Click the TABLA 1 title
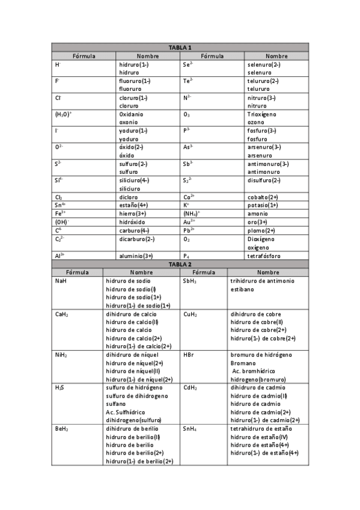coord(180,48)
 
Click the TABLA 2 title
coord(180,264)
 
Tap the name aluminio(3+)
coord(136,256)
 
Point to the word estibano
coord(242,289)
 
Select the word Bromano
coord(243,363)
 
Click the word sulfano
coord(116,404)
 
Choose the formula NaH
coord(61,281)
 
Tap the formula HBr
coord(189,355)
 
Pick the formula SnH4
coord(190,429)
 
